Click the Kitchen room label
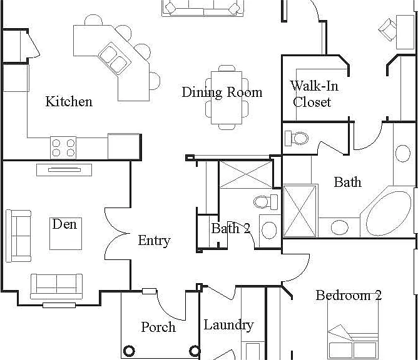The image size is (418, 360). (x=69, y=101)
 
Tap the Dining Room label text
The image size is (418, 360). (x=222, y=92)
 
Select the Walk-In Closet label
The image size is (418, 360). (x=314, y=94)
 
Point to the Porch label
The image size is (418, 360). (x=158, y=327)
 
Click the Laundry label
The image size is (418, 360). (x=229, y=325)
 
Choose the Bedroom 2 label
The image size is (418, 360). (x=349, y=295)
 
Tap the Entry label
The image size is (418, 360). (x=155, y=241)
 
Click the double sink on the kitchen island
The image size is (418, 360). (x=115, y=58)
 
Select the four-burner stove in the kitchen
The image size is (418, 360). (x=63, y=147)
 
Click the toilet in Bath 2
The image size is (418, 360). (x=266, y=202)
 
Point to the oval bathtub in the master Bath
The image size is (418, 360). (x=389, y=213)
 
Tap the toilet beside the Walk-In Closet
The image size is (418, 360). (x=297, y=138)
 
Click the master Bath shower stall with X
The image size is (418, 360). (x=300, y=211)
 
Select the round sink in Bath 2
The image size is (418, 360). (x=269, y=230)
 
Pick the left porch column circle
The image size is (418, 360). (x=129, y=351)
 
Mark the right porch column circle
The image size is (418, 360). (x=195, y=351)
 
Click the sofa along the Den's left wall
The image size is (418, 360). (x=18, y=236)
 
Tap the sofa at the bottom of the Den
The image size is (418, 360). (x=56, y=286)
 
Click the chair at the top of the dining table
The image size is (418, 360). (x=227, y=68)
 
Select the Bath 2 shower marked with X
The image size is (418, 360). (x=245, y=174)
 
